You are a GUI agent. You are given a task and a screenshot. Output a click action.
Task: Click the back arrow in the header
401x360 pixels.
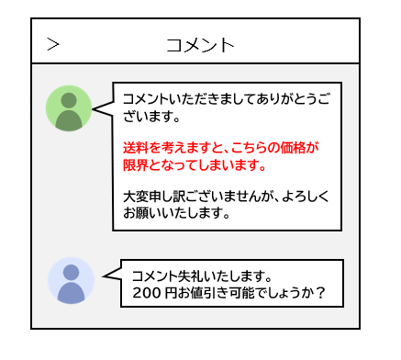(x=53, y=43)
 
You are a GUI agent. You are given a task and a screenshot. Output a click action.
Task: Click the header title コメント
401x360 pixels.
(x=200, y=44)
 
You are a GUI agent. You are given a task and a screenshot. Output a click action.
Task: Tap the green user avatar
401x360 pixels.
(x=69, y=109)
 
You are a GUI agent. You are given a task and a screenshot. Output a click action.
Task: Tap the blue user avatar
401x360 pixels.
(x=71, y=281)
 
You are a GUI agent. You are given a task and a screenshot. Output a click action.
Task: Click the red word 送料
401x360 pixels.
(x=135, y=147)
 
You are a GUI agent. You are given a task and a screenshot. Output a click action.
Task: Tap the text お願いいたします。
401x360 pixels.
(x=176, y=214)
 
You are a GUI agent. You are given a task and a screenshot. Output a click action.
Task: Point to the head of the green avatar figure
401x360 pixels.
(x=69, y=100)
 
